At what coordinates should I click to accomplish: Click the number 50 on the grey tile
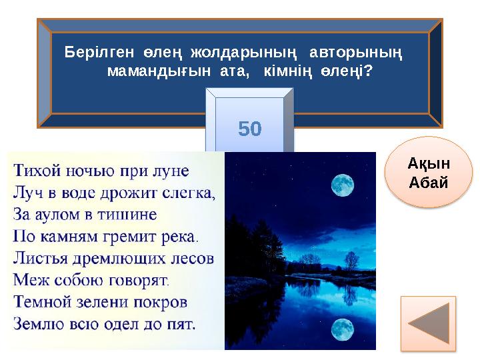(x=250, y=129)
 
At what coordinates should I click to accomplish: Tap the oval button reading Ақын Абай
(x=429, y=173)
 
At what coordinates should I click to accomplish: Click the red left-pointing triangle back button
(x=428, y=323)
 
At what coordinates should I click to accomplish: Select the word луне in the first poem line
(x=171, y=171)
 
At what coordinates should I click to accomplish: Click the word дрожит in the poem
(x=133, y=193)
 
